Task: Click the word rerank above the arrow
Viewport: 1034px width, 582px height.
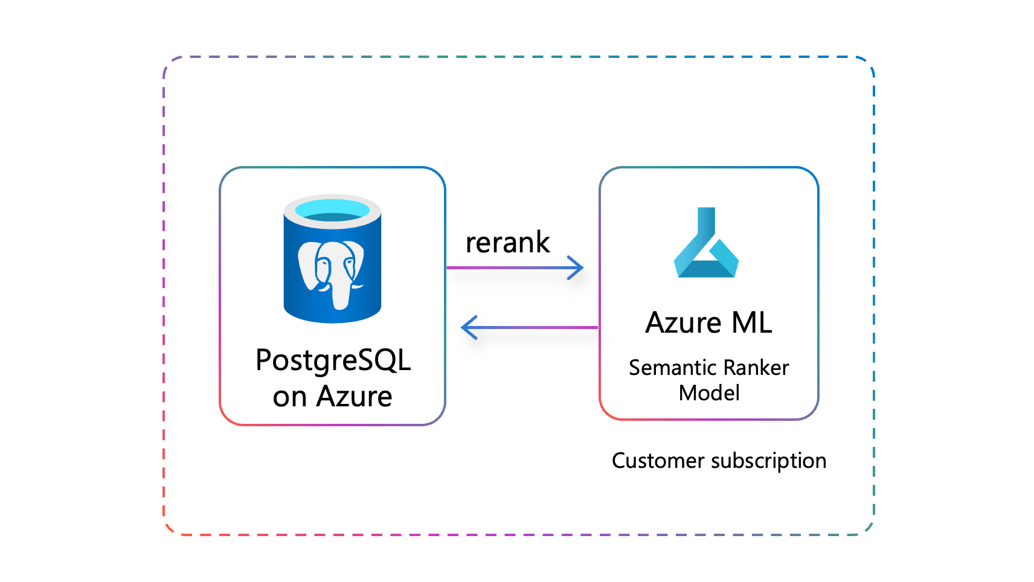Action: pos(507,243)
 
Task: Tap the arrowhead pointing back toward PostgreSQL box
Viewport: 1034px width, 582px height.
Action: pos(469,327)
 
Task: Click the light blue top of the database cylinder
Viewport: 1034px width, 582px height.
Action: pos(332,209)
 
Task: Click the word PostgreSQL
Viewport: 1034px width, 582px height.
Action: pos(333,360)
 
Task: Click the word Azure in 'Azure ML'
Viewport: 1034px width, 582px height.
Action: pos(683,322)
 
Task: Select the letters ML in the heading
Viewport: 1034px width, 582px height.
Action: pos(751,322)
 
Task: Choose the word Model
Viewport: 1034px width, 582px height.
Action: pos(709,393)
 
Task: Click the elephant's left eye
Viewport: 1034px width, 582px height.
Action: pos(323,263)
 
